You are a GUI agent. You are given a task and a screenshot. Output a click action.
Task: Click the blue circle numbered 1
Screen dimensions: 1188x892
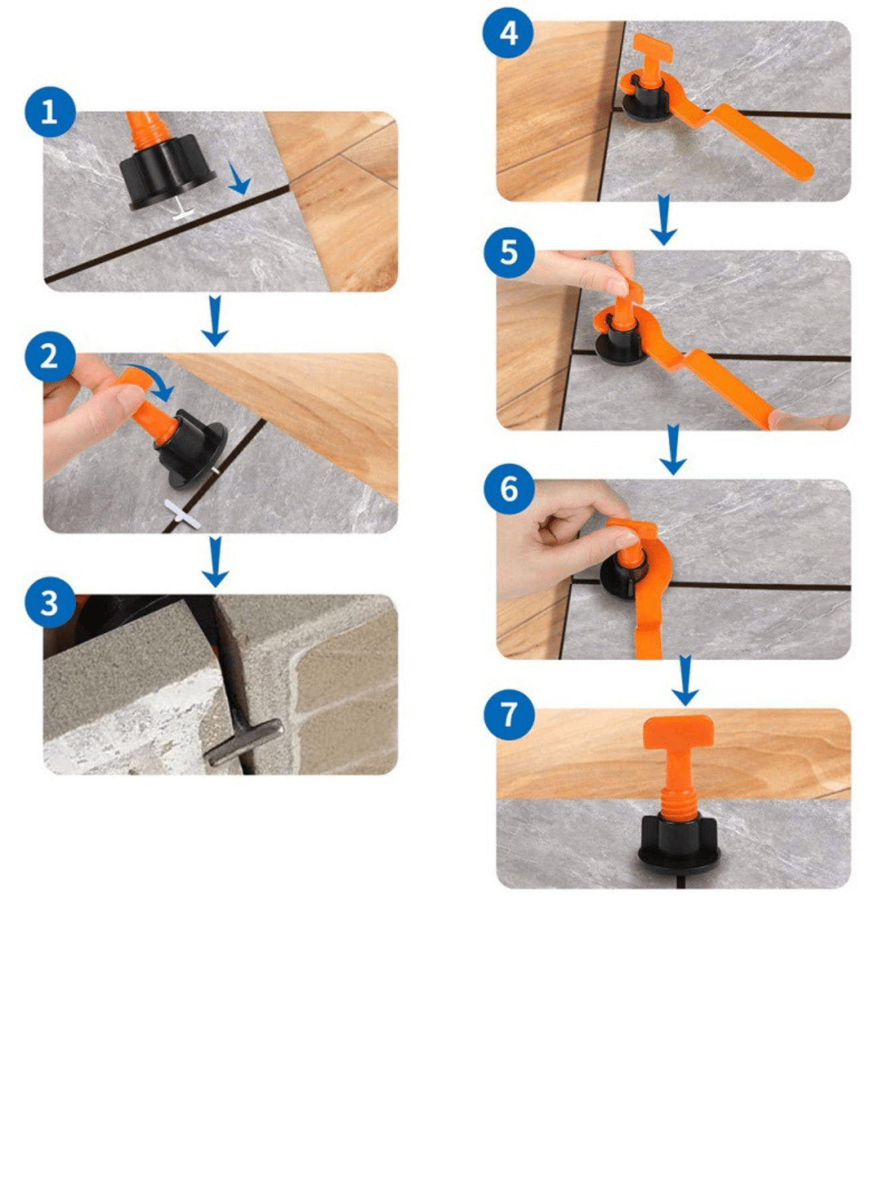[x=51, y=112]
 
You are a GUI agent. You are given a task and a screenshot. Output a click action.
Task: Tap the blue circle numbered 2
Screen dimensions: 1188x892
[x=51, y=357]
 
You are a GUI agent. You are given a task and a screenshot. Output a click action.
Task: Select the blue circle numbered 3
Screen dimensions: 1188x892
[x=51, y=603]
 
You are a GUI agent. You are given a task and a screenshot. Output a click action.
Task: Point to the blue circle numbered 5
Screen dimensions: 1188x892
[x=509, y=253]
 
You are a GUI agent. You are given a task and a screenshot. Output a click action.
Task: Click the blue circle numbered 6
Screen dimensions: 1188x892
[x=509, y=489]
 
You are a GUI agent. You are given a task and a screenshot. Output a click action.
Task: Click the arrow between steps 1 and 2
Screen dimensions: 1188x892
[x=215, y=321]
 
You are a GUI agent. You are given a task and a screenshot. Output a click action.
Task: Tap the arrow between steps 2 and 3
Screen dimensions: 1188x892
[x=215, y=562]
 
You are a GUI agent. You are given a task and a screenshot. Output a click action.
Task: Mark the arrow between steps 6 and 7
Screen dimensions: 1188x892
[x=685, y=681]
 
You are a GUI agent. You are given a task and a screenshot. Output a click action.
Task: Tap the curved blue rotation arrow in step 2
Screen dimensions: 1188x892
[x=150, y=381]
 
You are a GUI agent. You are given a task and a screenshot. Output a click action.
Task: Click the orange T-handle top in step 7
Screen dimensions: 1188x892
[x=678, y=731]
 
